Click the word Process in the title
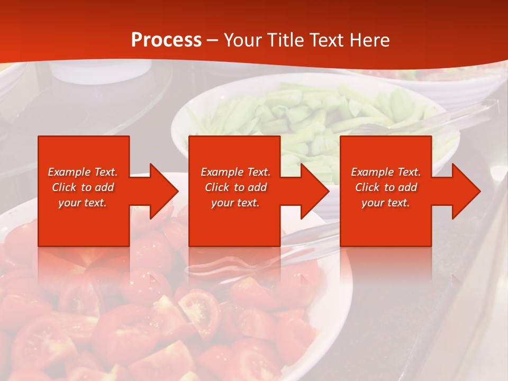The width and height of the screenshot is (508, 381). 166,40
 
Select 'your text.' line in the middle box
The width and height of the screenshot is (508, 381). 235,203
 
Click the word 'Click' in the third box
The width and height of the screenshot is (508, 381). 367,187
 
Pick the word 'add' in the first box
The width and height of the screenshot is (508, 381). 105,187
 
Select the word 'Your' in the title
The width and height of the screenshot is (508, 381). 241,40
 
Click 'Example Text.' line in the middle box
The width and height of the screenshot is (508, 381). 235,172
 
